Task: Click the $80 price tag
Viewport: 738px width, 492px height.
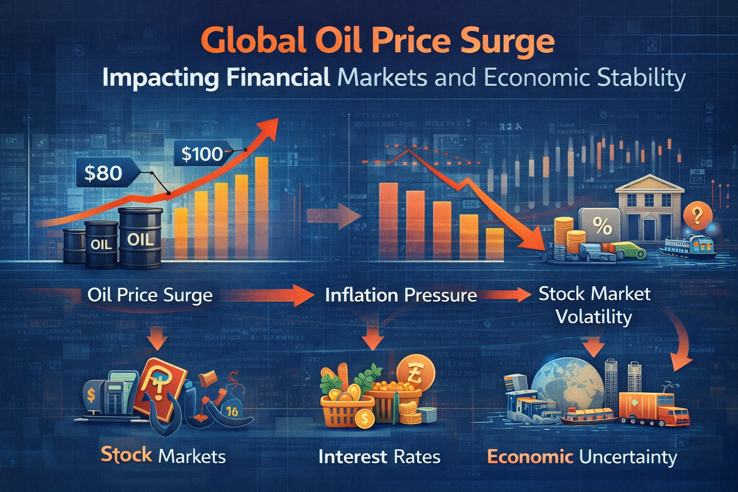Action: click(103, 172)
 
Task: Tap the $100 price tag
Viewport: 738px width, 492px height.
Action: click(202, 154)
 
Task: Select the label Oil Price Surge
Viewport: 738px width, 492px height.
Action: click(149, 295)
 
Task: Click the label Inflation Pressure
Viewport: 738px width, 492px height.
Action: click(401, 295)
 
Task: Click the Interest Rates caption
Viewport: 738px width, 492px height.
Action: click(379, 456)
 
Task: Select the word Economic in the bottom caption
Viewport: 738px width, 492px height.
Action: click(530, 456)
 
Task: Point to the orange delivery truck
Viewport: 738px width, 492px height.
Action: click(653, 408)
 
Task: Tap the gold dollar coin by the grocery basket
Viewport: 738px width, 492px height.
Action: click(364, 418)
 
